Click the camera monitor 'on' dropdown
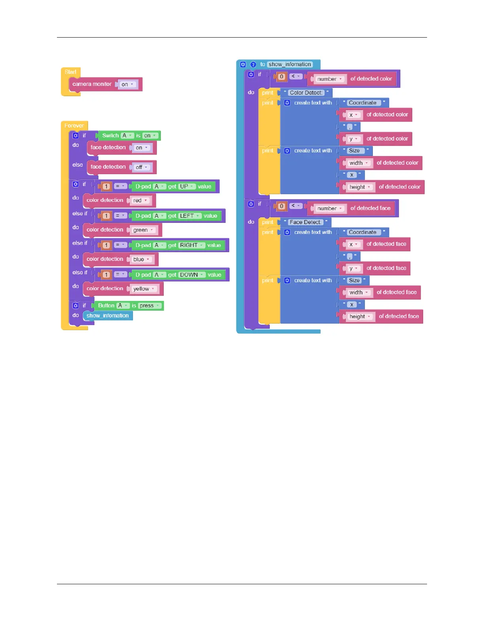127,84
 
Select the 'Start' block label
70,72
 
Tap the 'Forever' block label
74,125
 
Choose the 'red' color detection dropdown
140,200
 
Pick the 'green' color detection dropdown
143,230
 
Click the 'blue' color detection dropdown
141,259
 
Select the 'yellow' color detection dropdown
144,289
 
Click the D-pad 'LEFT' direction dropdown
190,216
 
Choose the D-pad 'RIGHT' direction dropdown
192,245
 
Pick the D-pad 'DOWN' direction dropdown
192,275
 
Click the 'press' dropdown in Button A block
149,306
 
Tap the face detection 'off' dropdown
142,167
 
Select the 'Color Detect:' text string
306,93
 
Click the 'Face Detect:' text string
305,222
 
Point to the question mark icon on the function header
253,65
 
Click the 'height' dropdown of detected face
360,317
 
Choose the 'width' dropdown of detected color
359,163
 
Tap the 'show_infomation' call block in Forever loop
108,316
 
